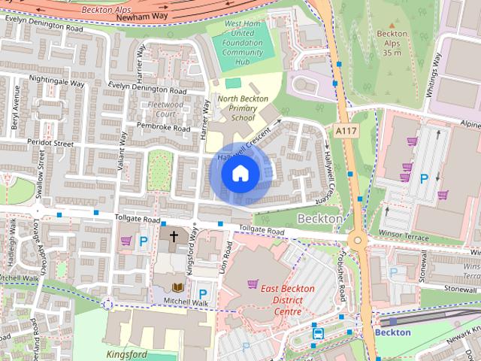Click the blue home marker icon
point(240,173)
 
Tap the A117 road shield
point(346,131)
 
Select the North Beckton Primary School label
point(237,108)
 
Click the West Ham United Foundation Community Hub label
point(242,43)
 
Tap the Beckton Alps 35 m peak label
point(392,43)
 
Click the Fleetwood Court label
point(165,108)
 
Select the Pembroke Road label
point(163,129)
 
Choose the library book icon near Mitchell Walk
point(178,287)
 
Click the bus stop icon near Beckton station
point(319,333)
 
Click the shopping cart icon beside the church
point(126,241)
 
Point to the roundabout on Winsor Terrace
point(357,241)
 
